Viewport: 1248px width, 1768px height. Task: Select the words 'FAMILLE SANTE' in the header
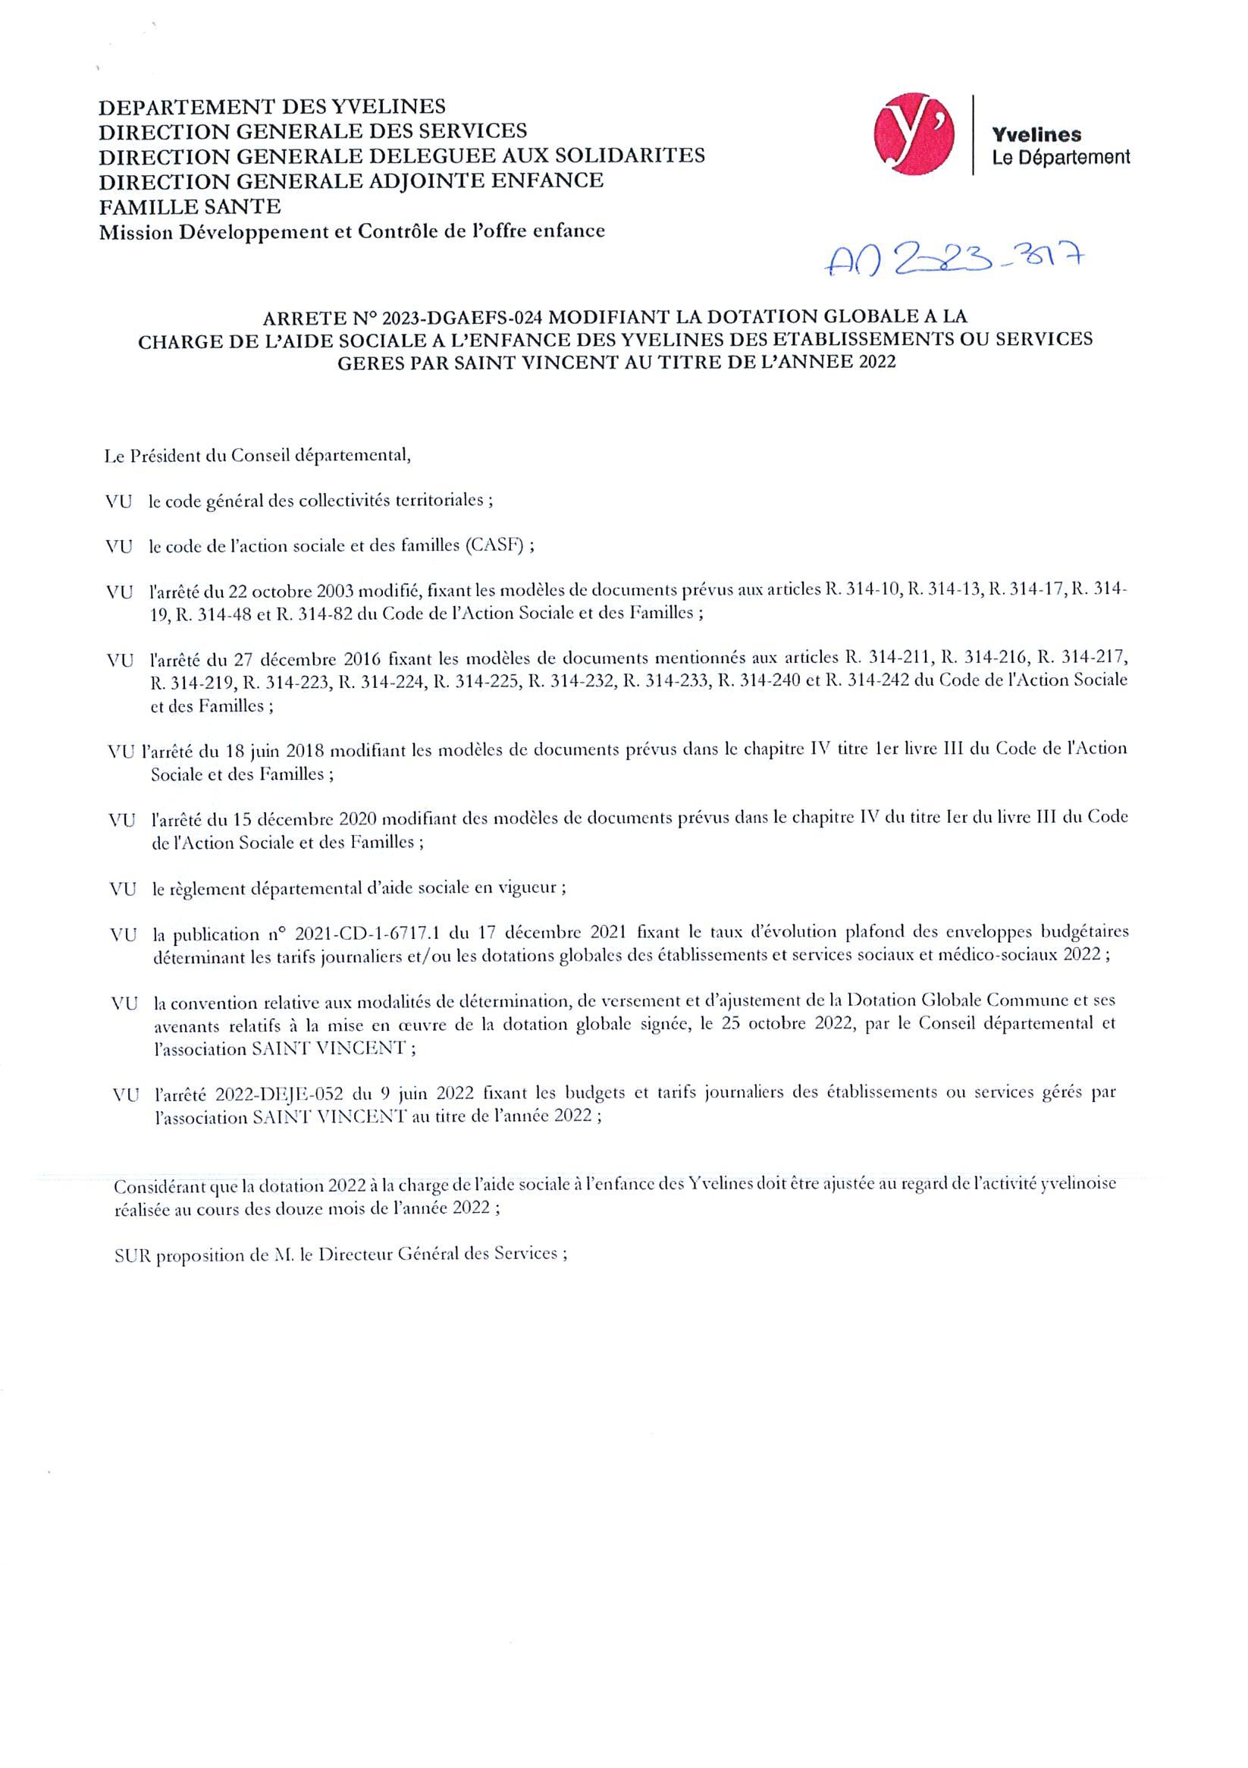coord(190,206)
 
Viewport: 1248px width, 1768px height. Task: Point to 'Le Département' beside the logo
coord(1061,158)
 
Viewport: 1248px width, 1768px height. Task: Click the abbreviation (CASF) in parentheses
coord(495,546)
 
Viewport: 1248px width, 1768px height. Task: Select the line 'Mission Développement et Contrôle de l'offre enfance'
coord(352,231)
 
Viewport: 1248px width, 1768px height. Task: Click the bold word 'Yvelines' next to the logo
coord(1036,135)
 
